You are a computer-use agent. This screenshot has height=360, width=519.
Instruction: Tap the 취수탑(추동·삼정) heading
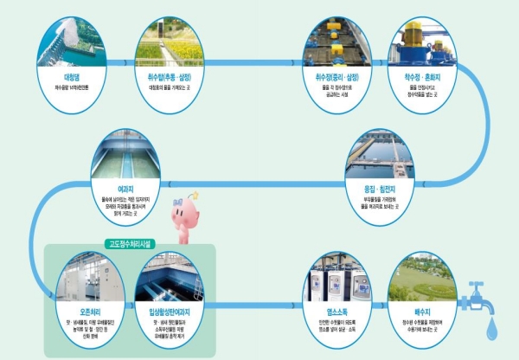click(x=170, y=77)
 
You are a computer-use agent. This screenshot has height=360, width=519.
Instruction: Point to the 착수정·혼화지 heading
click(x=420, y=77)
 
